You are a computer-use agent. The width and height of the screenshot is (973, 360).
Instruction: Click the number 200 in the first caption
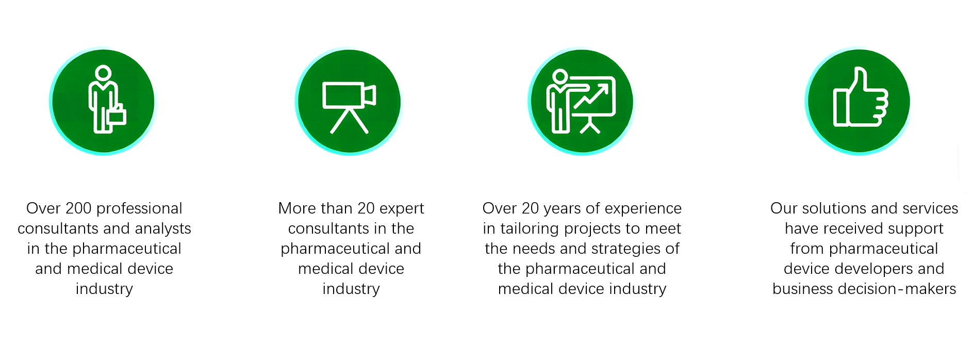click(78, 208)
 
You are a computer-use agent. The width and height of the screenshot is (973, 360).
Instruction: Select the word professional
click(139, 209)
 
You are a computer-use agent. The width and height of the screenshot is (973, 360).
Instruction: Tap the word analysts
click(163, 228)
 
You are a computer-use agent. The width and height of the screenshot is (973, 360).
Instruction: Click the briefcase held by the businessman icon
click(117, 116)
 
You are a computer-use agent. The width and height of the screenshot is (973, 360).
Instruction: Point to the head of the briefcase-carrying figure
click(103, 73)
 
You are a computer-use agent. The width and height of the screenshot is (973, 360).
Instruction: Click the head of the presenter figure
click(560, 77)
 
